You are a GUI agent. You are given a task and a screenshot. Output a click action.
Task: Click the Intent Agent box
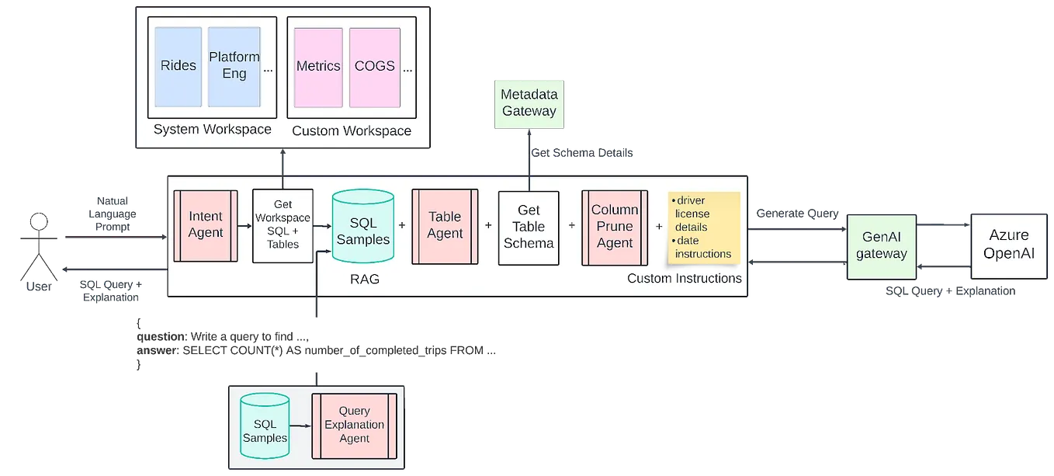(205, 225)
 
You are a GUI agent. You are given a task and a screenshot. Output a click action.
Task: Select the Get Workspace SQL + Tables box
(283, 226)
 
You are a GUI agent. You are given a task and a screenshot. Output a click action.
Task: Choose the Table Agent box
(444, 225)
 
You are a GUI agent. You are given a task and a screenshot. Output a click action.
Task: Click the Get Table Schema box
(529, 226)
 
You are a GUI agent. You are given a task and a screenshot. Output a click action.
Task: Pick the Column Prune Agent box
(615, 226)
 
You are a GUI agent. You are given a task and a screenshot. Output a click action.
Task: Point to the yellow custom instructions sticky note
(703, 227)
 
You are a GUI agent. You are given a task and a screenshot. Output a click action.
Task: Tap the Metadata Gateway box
(529, 102)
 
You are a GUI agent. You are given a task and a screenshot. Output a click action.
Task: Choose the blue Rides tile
(179, 67)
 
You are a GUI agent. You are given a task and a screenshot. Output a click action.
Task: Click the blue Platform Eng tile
(234, 67)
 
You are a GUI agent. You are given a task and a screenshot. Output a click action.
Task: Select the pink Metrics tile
(318, 67)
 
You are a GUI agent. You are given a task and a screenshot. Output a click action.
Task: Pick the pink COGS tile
(375, 67)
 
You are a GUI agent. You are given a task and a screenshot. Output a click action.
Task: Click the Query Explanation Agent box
(354, 425)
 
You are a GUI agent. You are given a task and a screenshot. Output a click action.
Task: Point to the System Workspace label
(213, 130)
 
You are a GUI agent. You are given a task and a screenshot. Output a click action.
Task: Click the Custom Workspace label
(352, 130)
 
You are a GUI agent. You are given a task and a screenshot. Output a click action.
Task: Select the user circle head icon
(39, 222)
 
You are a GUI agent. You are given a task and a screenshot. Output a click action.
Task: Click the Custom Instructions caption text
(684, 278)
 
